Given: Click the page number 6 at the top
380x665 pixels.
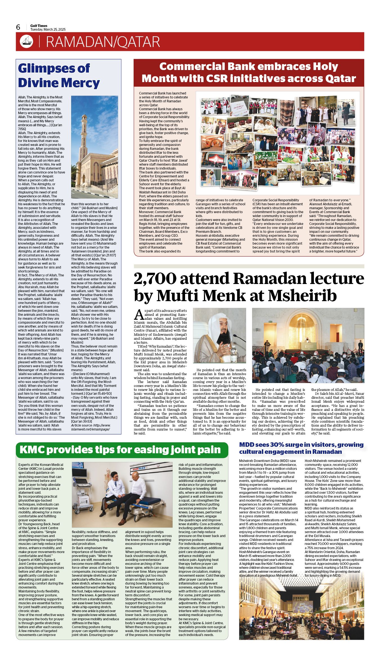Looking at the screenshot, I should (18, 27).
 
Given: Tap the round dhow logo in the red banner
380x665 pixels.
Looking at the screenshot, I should (26, 42).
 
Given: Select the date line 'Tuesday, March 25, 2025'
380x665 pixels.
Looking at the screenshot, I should (48, 30).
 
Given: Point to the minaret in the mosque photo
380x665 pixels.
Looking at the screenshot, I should (84, 135).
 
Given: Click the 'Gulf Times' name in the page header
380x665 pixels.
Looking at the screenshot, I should (39, 26).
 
